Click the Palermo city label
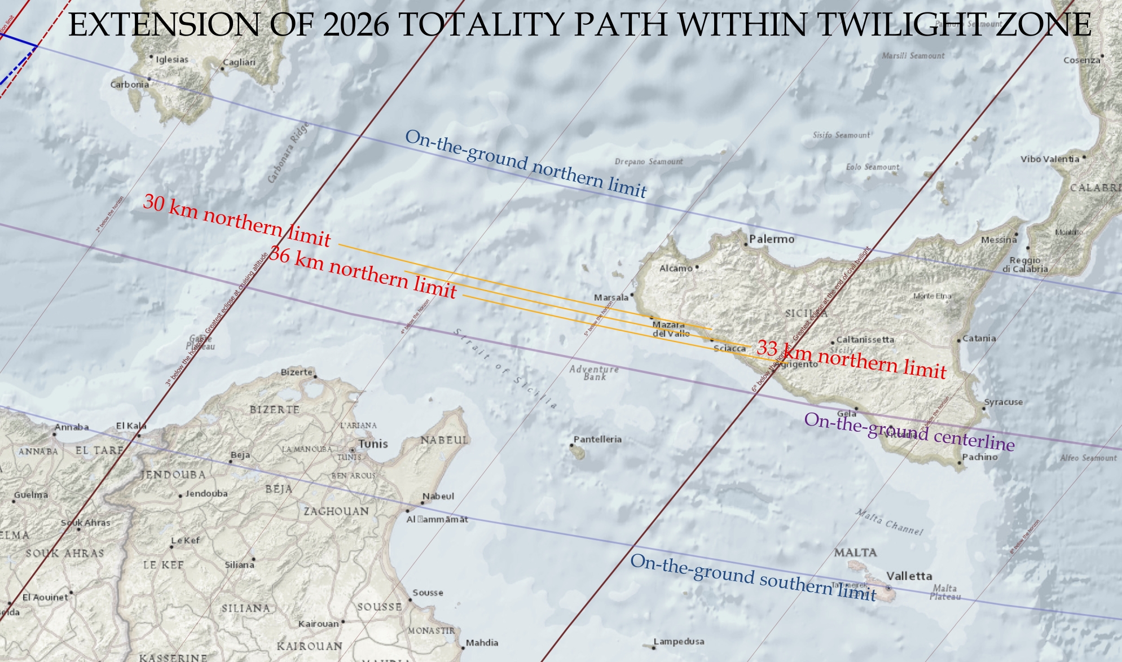click(x=771, y=239)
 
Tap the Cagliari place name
click(x=239, y=63)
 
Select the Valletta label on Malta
click(x=909, y=576)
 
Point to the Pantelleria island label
click(x=597, y=439)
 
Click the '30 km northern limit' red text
click(x=237, y=221)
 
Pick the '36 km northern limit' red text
click(x=362, y=272)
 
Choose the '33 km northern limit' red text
click(x=851, y=359)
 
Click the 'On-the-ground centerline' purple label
click(x=909, y=432)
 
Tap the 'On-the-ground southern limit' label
click(x=753, y=577)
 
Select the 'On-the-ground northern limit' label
click(x=526, y=164)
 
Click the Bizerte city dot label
click(x=297, y=372)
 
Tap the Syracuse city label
click(x=1003, y=402)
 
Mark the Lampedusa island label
click(x=679, y=642)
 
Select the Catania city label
click(x=979, y=339)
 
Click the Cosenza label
click(x=1081, y=60)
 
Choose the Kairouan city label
click(x=318, y=624)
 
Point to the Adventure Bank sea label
click(x=594, y=372)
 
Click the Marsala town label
click(x=611, y=297)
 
